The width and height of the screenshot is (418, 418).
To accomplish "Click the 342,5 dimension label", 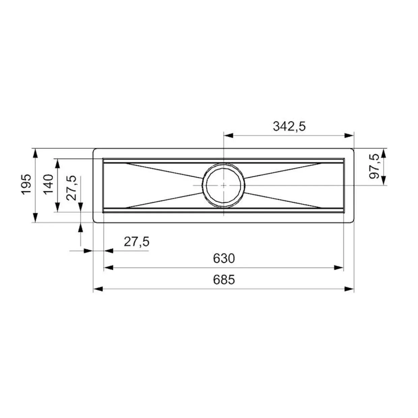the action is pyautogui.click(x=289, y=126).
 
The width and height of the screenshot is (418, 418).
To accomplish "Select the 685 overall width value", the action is pyautogui.click(x=223, y=279).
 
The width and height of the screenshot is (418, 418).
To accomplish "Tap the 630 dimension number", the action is pyautogui.click(x=223, y=258).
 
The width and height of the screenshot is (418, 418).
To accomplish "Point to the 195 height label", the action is pyautogui.click(x=26, y=184).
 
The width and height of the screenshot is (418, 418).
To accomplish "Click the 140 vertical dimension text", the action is pyautogui.click(x=48, y=184).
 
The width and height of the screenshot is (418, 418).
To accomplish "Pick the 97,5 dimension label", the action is pyautogui.click(x=374, y=166).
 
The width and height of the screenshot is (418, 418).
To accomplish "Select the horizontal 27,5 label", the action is pyautogui.click(x=137, y=241).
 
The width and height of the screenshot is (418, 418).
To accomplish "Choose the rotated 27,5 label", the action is pyautogui.click(x=71, y=188).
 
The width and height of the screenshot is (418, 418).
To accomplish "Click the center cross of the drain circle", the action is pyautogui.click(x=223, y=185).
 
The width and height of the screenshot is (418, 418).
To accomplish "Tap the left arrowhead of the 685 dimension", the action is pyautogui.click(x=98, y=289).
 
